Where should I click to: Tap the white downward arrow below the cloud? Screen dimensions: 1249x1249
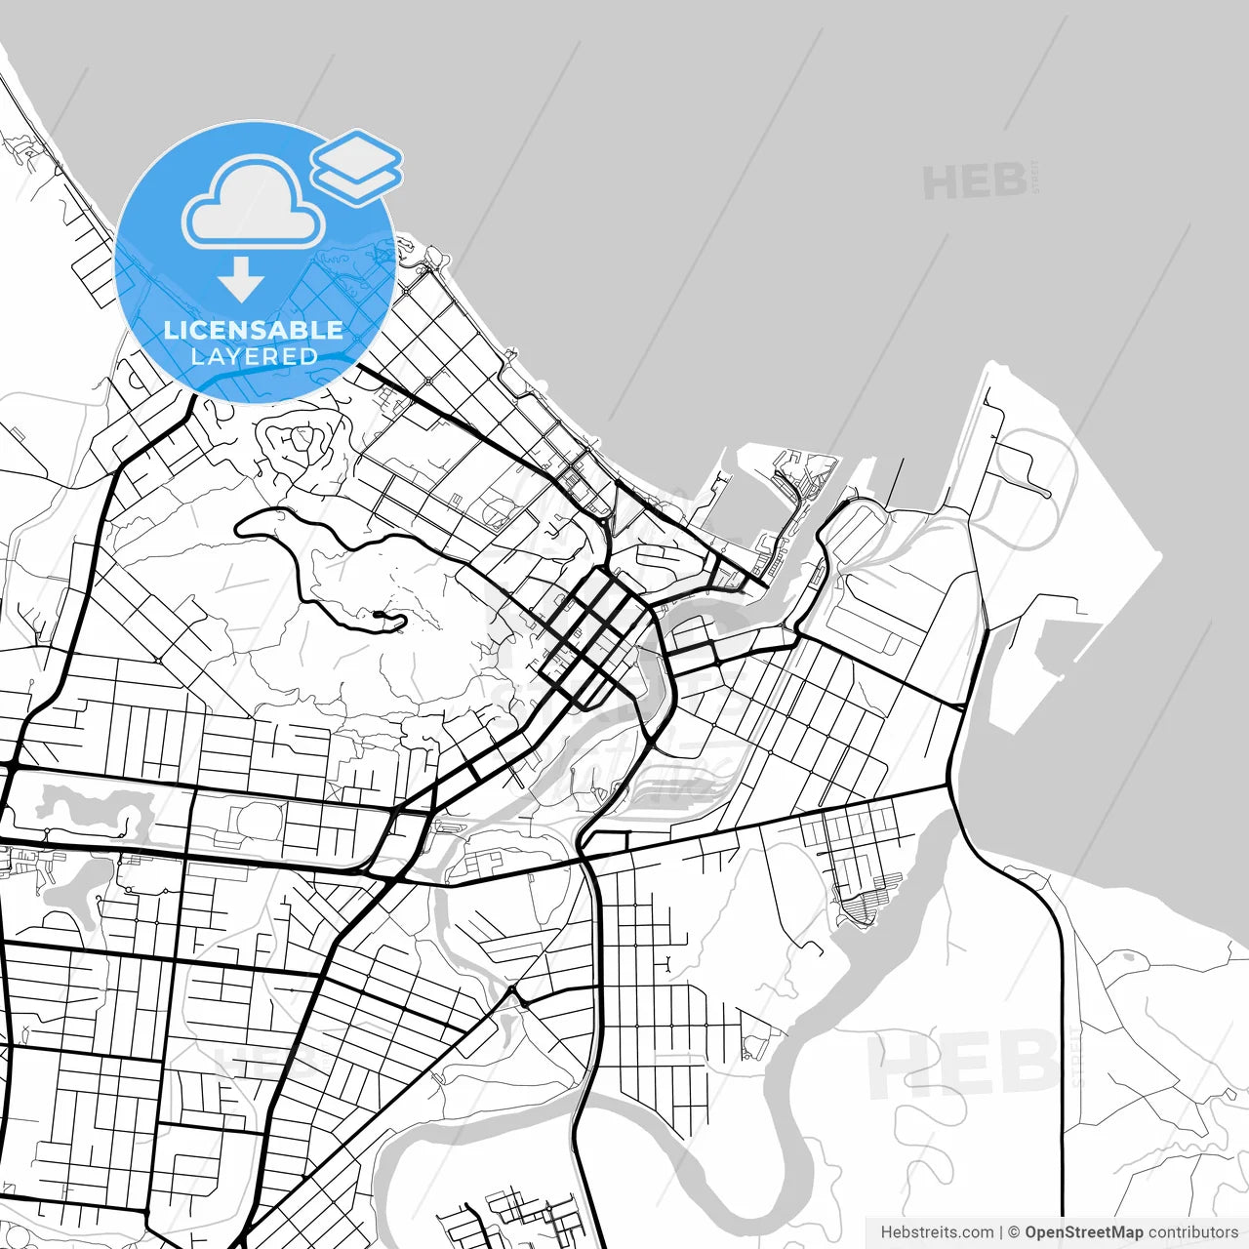point(241,279)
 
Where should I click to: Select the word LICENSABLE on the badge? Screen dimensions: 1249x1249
point(254,330)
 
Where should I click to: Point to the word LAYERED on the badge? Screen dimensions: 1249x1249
point(254,356)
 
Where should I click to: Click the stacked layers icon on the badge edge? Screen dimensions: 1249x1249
point(357,166)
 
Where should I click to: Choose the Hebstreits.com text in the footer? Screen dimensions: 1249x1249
point(937,1232)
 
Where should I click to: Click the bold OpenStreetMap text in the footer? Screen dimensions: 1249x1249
point(1083,1232)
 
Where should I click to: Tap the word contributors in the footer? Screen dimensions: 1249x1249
point(1192,1232)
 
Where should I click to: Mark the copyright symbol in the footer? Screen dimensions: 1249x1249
point(1014,1232)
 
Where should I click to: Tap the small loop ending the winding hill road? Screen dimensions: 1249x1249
point(379,615)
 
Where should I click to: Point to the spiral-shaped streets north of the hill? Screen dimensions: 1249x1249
point(293,444)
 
